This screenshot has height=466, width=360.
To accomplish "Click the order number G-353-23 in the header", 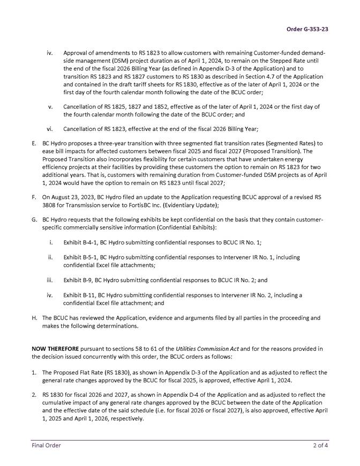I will [307, 29].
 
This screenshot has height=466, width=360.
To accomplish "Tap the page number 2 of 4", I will [321, 445].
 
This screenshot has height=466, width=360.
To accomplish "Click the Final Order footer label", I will [45, 445].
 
